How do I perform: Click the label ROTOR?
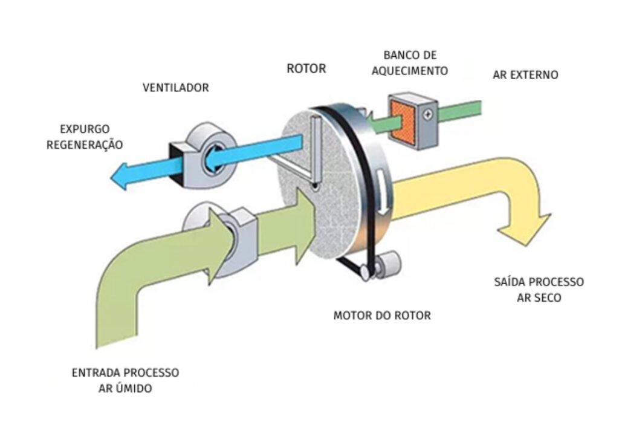pyautogui.click(x=306, y=69)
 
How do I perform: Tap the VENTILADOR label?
pyautogui.click(x=176, y=88)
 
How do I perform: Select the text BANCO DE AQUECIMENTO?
pyautogui.click(x=410, y=63)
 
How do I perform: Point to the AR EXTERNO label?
pyautogui.click(x=525, y=76)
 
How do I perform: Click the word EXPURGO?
pyautogui.click(x=85, y=129)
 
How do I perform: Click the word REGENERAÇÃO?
pyautogui.click(x=85, y=145)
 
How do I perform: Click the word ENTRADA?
pyautogui.click(x=98, y=373)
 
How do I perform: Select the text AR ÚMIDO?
pyautogui.click(x=125, y=389)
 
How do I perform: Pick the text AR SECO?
pyautogui.click(x=539, y=298)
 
